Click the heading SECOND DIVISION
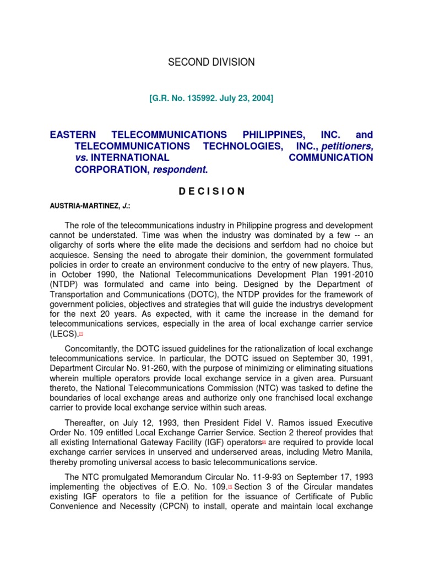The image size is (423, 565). [211, 62]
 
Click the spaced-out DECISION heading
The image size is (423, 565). [211, 191]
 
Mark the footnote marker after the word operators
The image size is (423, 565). [264, 443]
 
